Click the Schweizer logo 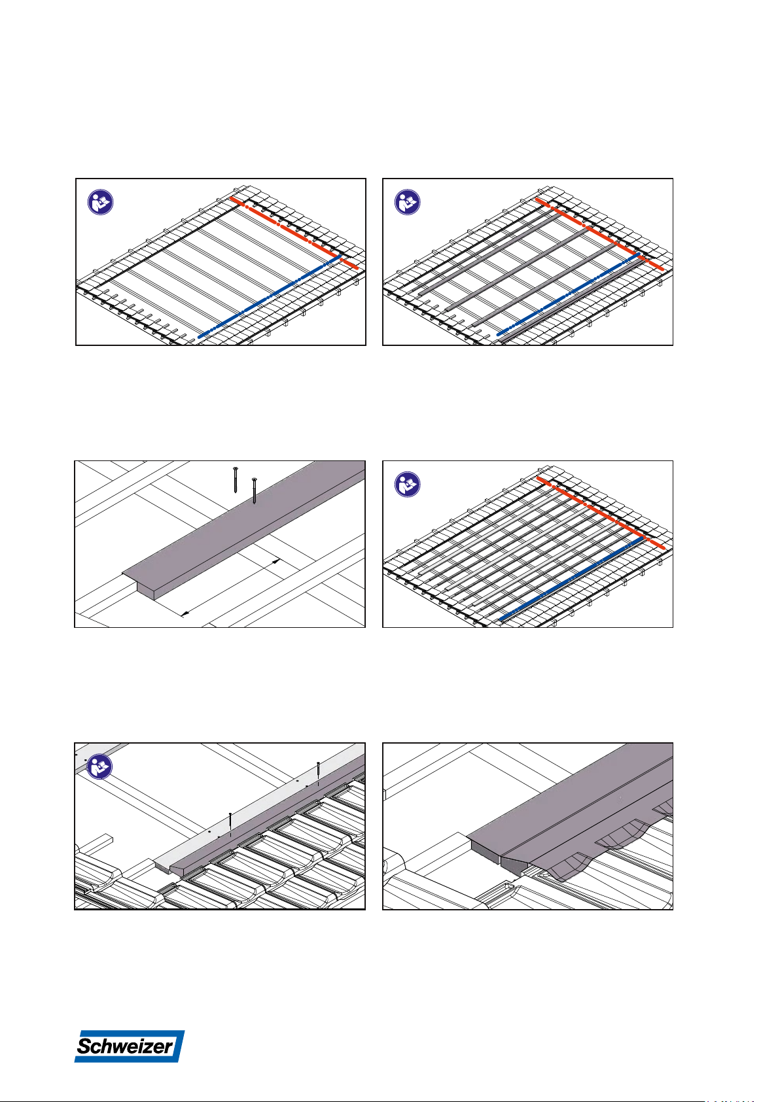(130, 1046)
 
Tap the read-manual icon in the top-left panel (100, 202)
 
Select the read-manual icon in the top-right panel (408, 202)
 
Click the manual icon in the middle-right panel (408, 485)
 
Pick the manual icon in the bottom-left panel (99, 766)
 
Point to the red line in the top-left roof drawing (294, 233)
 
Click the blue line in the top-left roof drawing (269, 297)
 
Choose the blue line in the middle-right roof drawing (571, 579)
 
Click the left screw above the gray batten (236, 479)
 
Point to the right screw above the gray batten (254, 491)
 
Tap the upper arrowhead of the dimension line (277, 560)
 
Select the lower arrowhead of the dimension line (185, 613)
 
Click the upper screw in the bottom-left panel (319, 772)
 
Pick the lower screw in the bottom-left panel (230, 823)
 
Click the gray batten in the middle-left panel (243, 530)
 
